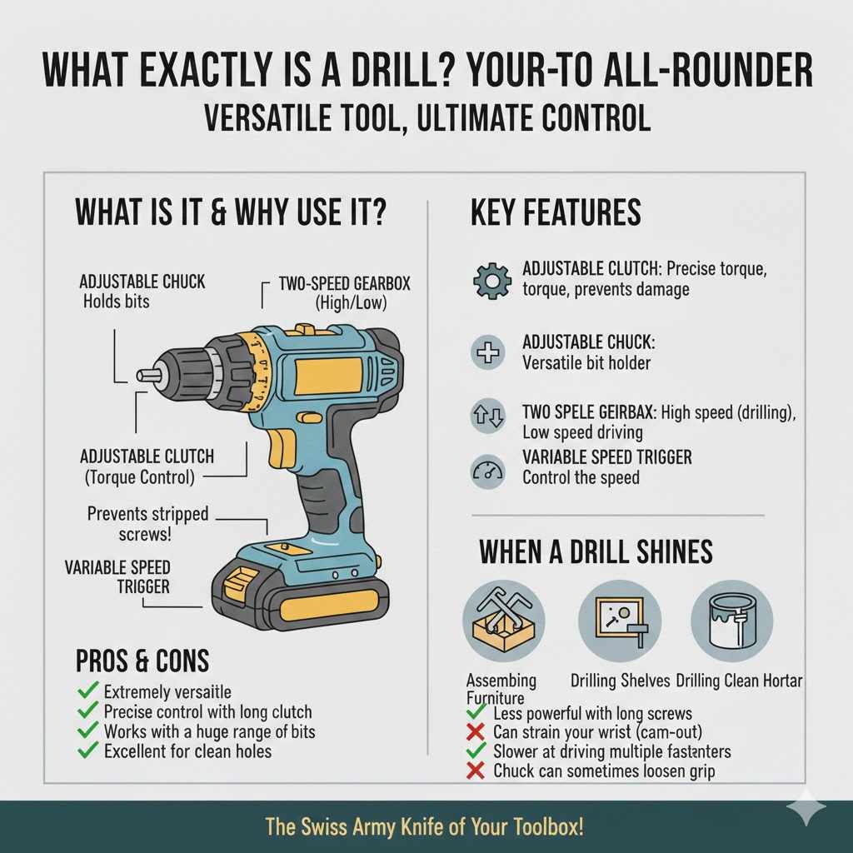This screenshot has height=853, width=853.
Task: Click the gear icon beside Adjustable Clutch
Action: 491,281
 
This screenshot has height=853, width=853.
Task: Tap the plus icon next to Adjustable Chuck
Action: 486,353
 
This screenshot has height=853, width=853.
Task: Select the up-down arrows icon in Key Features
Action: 486,417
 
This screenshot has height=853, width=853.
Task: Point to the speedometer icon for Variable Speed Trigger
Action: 486,470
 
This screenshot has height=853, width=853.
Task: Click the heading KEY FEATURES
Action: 556,213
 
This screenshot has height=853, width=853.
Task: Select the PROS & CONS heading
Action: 142,661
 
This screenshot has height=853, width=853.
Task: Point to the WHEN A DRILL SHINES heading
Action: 596,552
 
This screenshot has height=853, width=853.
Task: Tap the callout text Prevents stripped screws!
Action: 148,523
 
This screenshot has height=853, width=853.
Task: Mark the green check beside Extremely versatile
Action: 87,691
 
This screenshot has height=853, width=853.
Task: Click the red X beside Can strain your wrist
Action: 476,733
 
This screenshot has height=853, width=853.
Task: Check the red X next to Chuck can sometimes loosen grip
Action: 476,771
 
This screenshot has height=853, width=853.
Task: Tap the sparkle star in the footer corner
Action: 807,810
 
